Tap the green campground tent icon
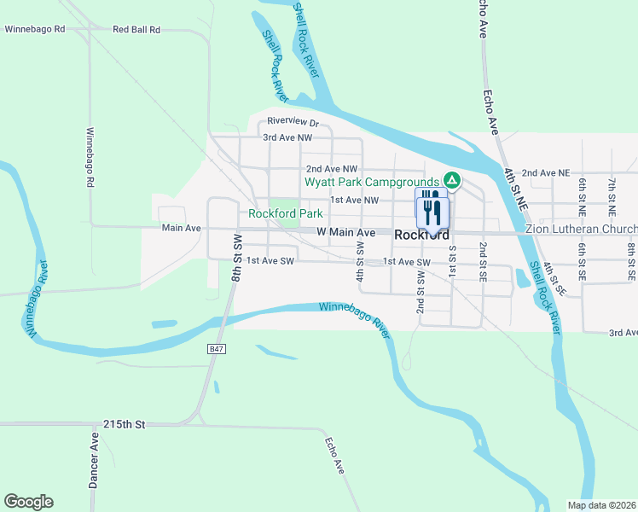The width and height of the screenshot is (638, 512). click(x=452, y=181)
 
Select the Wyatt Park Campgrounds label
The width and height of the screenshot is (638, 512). click(x=372, y=182)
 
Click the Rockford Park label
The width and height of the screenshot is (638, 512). click(x=285, y=213)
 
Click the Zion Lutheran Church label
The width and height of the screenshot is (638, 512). click(x=581, y=230)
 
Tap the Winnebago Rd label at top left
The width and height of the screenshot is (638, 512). click(x=35, y=29)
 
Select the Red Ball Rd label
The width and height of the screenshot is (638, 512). click(x=136, y=29)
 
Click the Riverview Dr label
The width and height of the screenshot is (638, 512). click(x=292, y=121)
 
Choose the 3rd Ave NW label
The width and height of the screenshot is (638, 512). click(x=287, y=137)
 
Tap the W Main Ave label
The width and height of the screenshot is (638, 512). click(x=345, y=232)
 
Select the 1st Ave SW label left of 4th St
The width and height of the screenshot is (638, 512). click(x=270, y=261)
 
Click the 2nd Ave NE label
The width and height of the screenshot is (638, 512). click(x=545, y=172)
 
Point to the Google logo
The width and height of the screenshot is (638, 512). click(x=28, y=502)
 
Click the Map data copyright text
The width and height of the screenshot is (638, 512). click(x=600, y=505)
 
